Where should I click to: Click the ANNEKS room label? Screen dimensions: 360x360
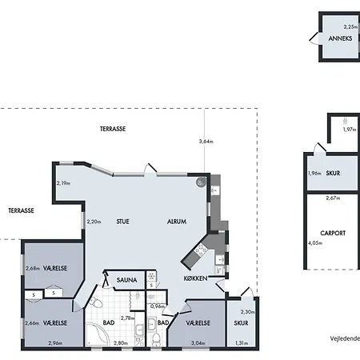point(340,38)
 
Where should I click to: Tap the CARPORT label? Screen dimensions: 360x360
point(333,233)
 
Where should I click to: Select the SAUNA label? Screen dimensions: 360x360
point(126,280)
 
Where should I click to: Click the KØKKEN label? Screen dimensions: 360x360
point(195,278)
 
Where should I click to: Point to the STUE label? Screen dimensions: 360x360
point(122,222)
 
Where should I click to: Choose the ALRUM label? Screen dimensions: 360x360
point(177,222)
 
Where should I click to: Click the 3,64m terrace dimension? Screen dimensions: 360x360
point(206,142)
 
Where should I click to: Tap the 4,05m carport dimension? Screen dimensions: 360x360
point(315,243)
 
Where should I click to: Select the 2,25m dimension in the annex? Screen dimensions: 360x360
point(350,26)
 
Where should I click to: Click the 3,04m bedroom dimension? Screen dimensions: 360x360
point(198,343)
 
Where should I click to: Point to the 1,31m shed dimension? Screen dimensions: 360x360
point(242,343)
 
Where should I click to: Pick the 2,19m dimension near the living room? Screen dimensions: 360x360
point(63,183)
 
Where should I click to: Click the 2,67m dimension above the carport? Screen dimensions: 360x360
point(333,198)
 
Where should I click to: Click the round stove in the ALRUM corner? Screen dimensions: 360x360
point(202,182)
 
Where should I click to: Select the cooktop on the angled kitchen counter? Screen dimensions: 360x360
point(201,250)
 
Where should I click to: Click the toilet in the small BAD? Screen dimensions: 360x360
point(155,339)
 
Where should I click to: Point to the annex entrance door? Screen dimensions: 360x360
point(314,39)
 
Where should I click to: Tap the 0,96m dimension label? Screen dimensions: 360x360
point(158,306)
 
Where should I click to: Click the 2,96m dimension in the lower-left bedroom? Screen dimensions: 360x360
point(55,343)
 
